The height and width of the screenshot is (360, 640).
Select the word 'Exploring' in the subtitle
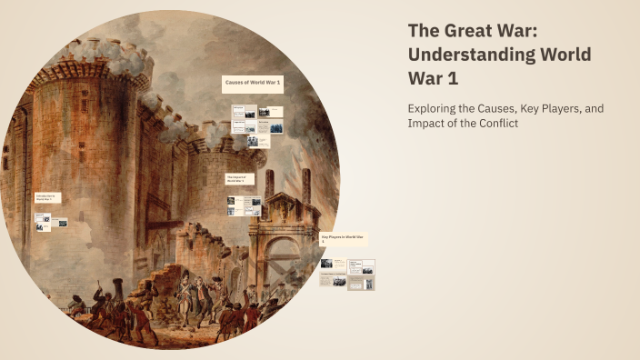click(434, 109)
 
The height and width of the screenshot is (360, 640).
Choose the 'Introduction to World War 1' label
click(47, 197)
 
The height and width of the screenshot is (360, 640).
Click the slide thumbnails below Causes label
click(256, 121)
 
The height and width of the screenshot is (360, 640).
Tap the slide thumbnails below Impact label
click(244, 206)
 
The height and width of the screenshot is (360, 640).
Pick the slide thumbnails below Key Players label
click(347, 274)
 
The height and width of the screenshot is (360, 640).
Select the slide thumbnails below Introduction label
click(51, 222)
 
